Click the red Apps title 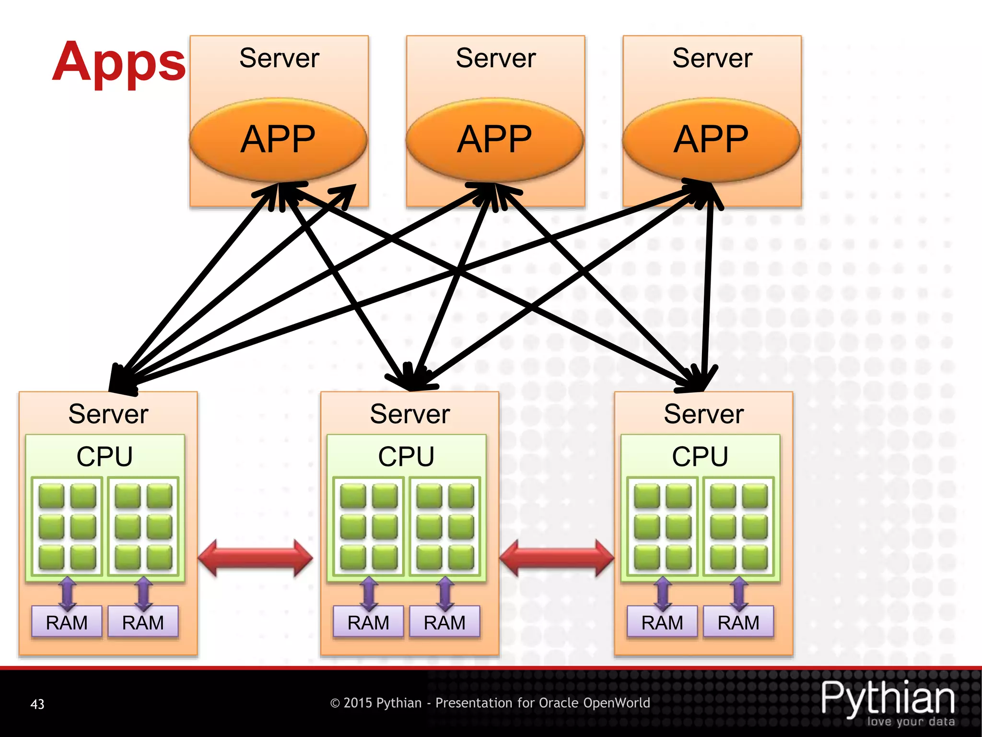point(119,62)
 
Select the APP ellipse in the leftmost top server point(278,139)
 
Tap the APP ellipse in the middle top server point(495,139)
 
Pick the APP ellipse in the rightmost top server point(712,139)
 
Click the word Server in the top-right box point(712,58)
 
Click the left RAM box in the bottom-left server point(67,622)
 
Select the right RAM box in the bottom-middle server point(444,622)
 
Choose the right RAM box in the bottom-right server point(738,622)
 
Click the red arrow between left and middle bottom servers point(255,558)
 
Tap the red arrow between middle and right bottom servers point(557,558)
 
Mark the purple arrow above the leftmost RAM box point(67,593)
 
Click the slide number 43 point(37,704)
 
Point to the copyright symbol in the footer point(335,703)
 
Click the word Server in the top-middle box point(495,58)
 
